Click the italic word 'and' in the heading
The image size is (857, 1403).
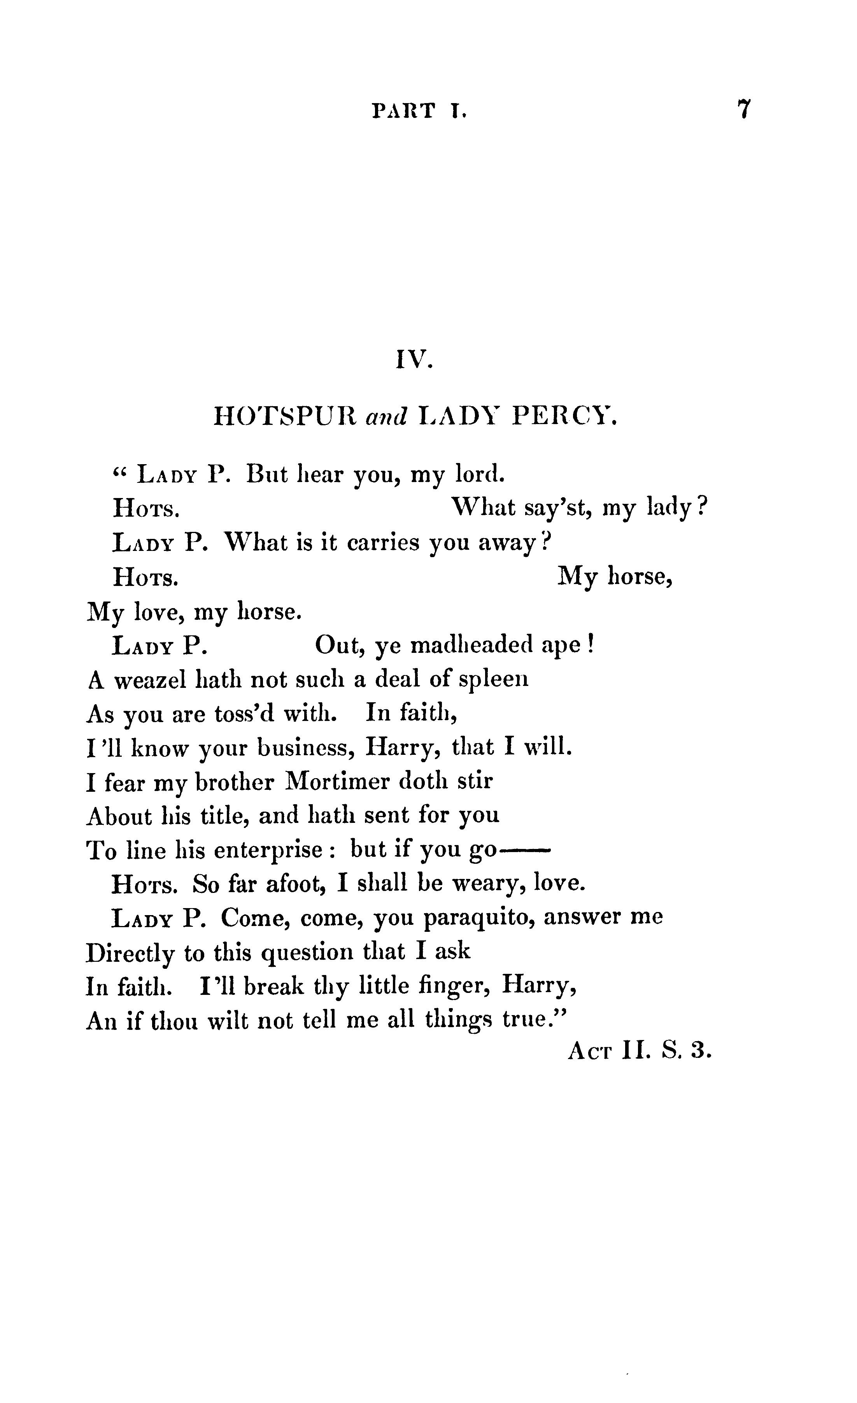pos(387,418)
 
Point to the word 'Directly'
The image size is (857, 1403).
pos(130,952)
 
